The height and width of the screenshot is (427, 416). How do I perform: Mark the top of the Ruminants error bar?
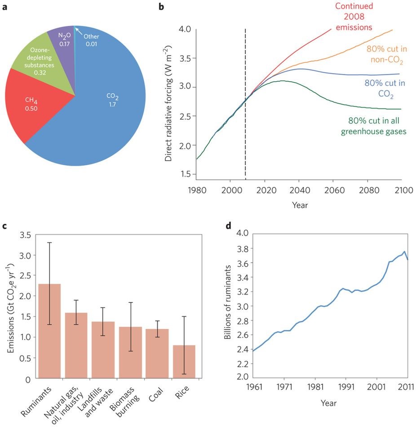[50, 243]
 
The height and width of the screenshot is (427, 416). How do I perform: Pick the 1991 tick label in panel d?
[345, 386]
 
